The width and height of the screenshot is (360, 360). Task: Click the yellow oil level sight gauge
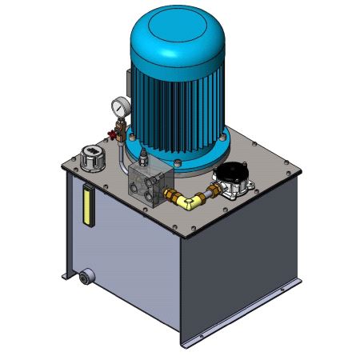pos(86,206)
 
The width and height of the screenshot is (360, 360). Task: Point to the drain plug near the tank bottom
pos(84,278)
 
